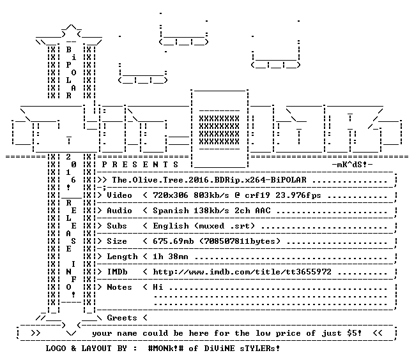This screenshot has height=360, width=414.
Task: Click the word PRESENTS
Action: tap(140, 165)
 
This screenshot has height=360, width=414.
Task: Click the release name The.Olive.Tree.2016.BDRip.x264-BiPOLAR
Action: tap(209, 180)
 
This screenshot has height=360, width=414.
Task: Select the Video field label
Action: tap(119, 195)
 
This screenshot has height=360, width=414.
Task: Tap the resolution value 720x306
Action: tap(171, 195)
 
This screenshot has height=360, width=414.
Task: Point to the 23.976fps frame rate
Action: tap(298, 195)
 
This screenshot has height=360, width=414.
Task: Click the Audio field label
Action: tap(119, 211)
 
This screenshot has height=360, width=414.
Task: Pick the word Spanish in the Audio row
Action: tap(171, 211)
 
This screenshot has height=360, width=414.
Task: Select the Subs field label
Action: tap(117, 226)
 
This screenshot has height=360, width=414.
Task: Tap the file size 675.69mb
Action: tap(173, 241)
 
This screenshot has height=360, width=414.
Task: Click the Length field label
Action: tap(122, 257)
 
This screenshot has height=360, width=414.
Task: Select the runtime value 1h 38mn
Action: tap(171, 257)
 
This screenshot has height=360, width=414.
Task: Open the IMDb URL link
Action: tap(242, 272)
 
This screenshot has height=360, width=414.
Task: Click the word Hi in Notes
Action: tap(158, 287)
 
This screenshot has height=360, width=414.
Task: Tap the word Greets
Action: tap(122, 317)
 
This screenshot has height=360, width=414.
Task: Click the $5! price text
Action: tap(355, 333)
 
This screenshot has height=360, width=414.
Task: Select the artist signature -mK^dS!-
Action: tap(352, 165)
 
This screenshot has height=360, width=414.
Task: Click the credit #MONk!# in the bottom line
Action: tap(166, 348)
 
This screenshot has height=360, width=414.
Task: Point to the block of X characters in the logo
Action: tap(219, 130)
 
